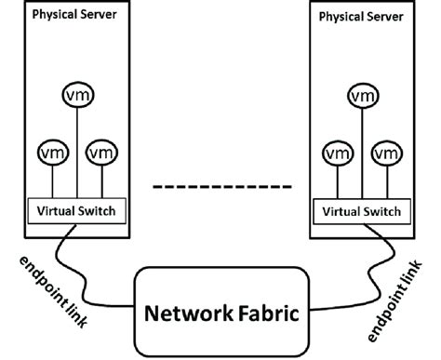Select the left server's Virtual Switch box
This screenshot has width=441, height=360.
coord(76,210)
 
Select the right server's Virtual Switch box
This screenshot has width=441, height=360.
coord(362,211)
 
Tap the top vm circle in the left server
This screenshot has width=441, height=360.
coord(76,95)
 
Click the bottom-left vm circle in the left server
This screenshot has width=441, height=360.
coord(51,152)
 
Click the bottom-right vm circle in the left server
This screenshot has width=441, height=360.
coord(100,152)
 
